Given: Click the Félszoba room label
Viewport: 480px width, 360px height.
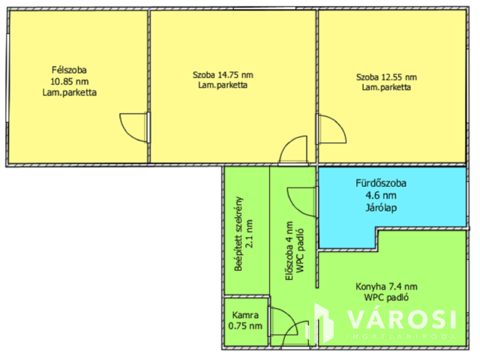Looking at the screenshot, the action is (69, 70).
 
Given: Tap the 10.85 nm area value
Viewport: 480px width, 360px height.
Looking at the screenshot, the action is (70, 82).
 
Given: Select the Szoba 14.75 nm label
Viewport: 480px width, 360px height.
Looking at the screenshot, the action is (223, 75).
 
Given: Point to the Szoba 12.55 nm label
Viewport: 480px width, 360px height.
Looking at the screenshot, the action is (387, 77).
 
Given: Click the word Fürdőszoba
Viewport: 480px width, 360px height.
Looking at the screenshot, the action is (381, 183).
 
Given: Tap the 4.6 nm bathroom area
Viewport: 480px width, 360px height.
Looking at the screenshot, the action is (381, 195).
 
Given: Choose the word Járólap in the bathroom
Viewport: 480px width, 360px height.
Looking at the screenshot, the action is (381, 208).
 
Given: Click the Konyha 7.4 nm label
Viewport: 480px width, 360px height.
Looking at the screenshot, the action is (386, 286).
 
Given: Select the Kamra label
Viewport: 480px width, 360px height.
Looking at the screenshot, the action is (245, 315).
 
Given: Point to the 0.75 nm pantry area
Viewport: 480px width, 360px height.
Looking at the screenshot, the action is (245, 325).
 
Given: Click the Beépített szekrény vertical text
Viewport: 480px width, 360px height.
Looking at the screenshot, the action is (238, 234).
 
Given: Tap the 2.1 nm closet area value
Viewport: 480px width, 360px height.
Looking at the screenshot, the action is (249, 233).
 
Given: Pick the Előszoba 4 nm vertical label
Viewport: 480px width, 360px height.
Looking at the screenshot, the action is (289, 251).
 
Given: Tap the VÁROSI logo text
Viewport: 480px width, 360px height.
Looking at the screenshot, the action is (402, 319).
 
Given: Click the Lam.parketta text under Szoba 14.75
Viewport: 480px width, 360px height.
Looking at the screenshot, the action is (223, 85).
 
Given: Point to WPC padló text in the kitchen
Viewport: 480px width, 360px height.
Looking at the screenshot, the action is (386, 297).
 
